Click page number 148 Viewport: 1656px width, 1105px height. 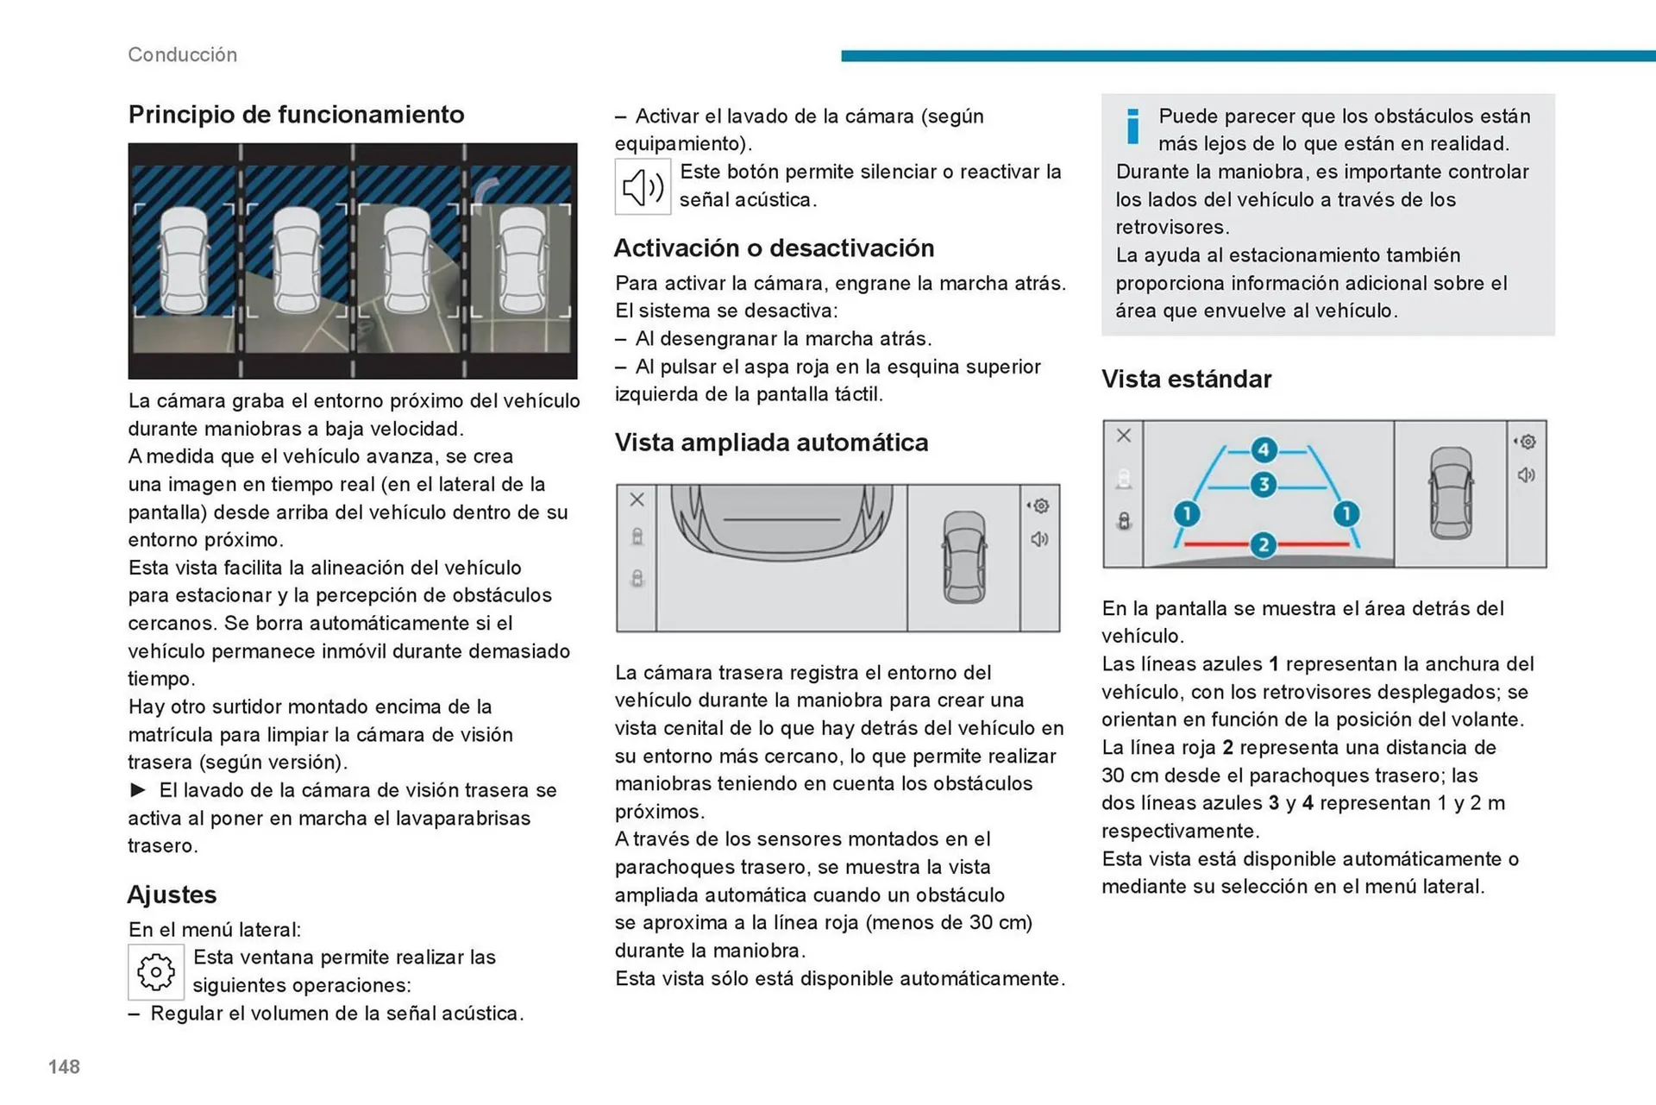click(x=64, y=1066)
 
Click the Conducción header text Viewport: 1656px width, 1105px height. click(x=182, y=54)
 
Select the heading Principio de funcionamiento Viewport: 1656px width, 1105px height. click(x=296, y=114)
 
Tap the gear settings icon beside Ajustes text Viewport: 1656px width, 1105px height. click(x=156, y=972)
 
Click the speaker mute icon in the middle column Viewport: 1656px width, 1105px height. click(x=643, y=186)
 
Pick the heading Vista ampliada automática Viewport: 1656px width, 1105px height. click(x=771, y=443)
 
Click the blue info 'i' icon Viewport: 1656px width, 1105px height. click(x=1132, y=126)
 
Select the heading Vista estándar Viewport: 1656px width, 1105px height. click(x=1186, y=379)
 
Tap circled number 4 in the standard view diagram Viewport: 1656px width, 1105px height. click(x=1264, y=449)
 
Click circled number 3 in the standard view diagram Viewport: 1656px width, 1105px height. click(x=1264, y=485)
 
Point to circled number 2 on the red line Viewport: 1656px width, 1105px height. click(x=1264, y=544)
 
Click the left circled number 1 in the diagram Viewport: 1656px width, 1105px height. click(x=1187, y=514)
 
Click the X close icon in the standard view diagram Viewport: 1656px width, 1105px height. click(x=1123, y=436)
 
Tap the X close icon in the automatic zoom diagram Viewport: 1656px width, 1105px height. click(x=637, y=499)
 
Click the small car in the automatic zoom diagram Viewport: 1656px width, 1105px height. click(x=963, y=557)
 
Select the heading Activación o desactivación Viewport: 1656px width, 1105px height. click(x=774, y=248)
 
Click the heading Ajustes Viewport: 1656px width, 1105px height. click(x=172, y=895)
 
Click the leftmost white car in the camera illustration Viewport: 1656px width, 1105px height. click(x=183, y=260)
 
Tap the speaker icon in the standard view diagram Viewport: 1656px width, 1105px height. click(x=1526, y=475)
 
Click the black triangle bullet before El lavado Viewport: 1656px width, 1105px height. click(x=138, y=789)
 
